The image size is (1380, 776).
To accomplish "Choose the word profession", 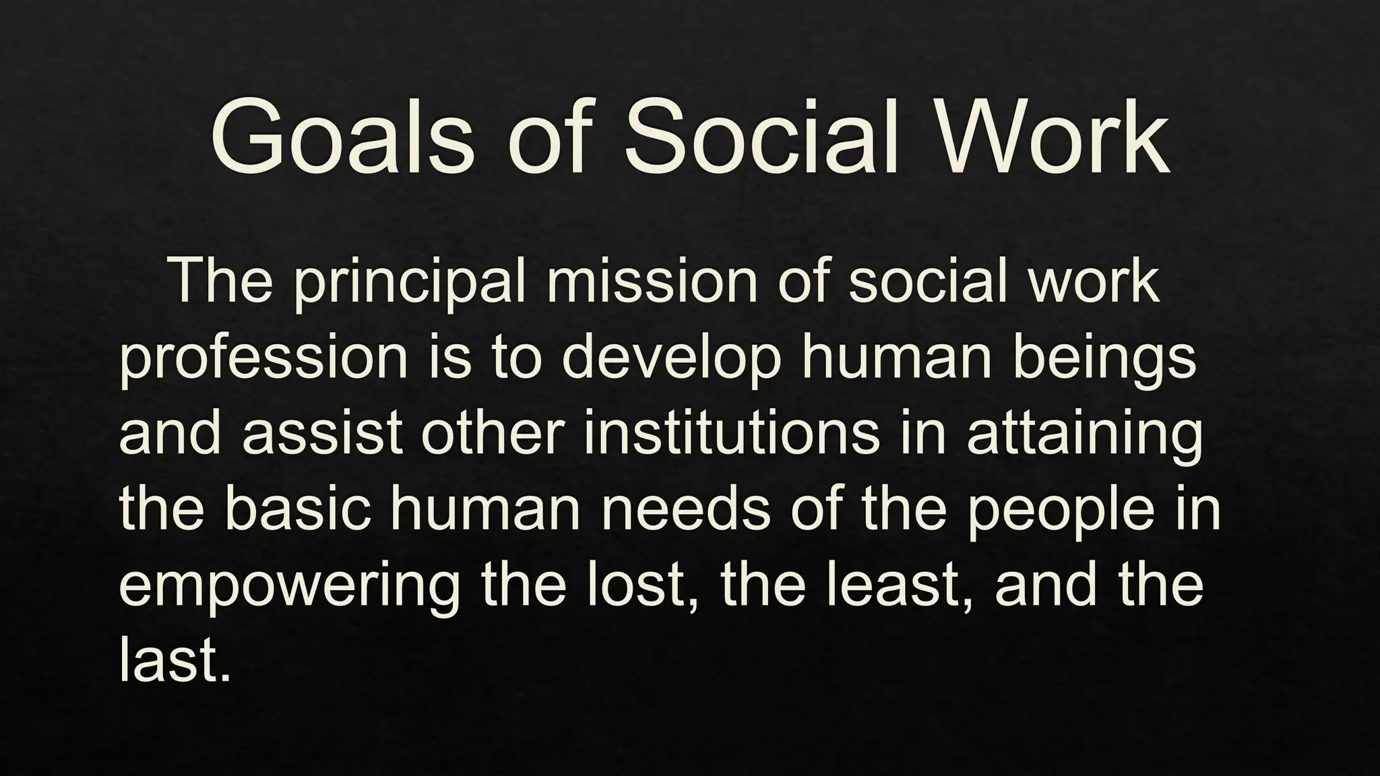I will pyautogui.click(x=263, y=360).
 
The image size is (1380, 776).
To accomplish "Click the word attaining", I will pyautogui.click(x=1084, y=435).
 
